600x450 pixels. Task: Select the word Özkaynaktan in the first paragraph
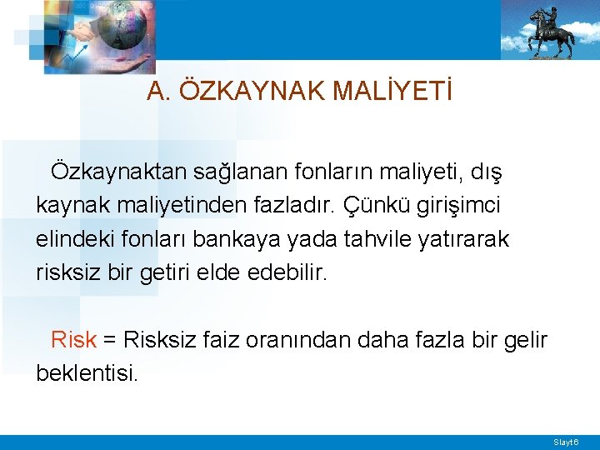pos(119,172)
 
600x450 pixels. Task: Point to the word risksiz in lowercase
pos(65,272)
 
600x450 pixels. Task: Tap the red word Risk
pos(74,340)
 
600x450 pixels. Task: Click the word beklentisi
pos(87,373)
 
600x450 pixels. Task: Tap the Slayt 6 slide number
pos(571,441)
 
